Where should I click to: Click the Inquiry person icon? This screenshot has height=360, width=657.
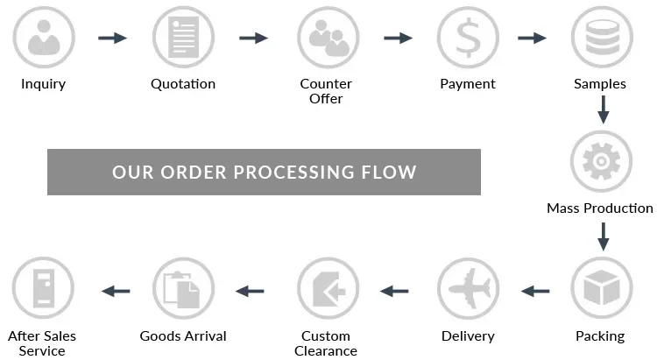point(42,38)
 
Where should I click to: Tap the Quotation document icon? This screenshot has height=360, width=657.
point(183,38)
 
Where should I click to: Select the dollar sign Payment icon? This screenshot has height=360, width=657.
point(467,38)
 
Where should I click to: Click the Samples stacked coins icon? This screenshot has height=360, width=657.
point(601,38)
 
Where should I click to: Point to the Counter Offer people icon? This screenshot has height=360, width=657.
point(328,38)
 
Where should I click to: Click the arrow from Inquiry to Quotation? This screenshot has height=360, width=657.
point(112,38)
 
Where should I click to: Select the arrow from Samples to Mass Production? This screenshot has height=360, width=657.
point(602,109)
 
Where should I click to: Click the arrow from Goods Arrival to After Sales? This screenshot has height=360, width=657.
point(116,290)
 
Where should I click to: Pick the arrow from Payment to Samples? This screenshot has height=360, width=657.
point(532,38)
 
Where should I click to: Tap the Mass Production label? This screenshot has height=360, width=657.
point(599,208)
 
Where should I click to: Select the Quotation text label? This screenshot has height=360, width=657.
point(182,84)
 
